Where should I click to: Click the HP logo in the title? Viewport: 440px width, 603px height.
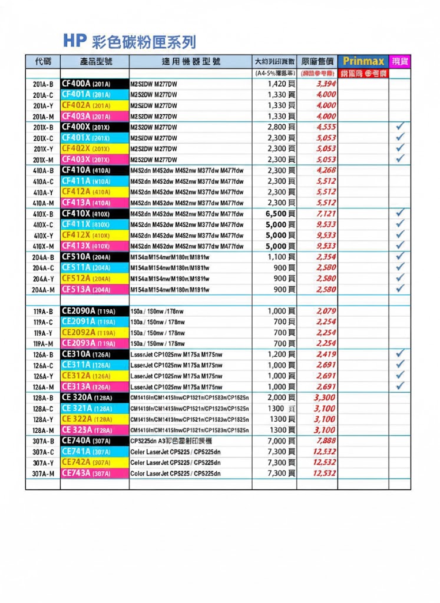point(75,41)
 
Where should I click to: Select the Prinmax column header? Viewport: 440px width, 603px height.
point(363,61)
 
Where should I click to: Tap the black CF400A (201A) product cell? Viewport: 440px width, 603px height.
point(94,84)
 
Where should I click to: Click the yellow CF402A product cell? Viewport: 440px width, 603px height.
point(94,105)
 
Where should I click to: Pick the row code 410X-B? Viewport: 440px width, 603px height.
point(42,213)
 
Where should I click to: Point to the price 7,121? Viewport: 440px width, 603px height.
point(326,213)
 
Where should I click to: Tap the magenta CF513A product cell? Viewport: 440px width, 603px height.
point(94,289)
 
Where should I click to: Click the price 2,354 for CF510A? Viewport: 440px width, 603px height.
point(326,257)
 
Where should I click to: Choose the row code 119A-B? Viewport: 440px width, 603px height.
point(42,311)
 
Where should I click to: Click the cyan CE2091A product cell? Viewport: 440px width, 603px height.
point(94,322)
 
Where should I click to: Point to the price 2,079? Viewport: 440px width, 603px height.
point(326,311)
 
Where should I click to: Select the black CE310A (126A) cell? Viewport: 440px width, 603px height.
point(94,354)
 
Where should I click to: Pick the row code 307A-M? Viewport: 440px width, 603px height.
point(42,473)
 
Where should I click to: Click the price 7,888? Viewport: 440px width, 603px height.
point(326,441)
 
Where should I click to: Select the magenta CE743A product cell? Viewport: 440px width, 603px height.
point(94,473)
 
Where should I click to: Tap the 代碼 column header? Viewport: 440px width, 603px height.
point(42,61)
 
